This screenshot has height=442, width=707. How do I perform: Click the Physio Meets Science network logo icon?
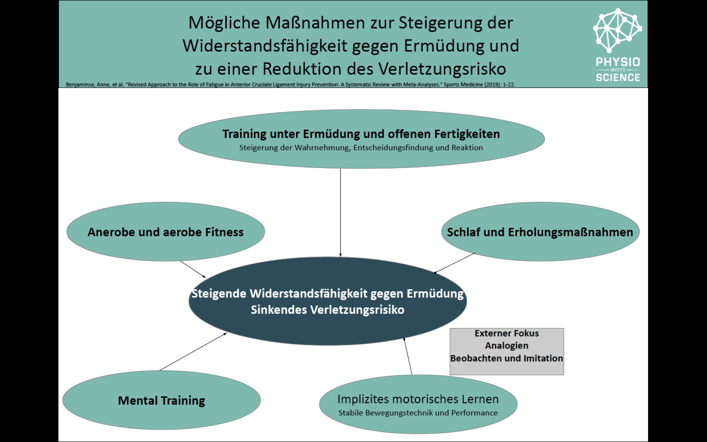(618, 30)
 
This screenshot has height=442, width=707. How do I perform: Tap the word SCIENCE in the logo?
(618, 77)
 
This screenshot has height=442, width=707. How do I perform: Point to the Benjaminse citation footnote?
(290, 85)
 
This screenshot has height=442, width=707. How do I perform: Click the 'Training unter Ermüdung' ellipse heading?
(361, 134)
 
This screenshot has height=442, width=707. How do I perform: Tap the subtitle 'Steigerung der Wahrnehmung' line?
(361, 148)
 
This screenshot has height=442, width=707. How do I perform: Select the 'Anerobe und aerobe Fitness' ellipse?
(165, 232)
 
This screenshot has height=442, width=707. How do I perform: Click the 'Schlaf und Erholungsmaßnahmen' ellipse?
(540, 232)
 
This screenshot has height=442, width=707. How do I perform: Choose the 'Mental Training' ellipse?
(161, 400)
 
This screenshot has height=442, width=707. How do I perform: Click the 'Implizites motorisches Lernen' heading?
(418, 399)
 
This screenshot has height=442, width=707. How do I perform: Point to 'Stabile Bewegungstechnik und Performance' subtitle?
(418, 413)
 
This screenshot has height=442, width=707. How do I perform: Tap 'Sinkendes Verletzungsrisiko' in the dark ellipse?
(327, 310)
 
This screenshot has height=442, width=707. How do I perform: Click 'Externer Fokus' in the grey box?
(507, 333)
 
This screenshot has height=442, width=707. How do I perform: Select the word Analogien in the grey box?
(507, 345)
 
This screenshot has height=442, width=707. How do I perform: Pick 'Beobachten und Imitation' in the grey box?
(507, 358)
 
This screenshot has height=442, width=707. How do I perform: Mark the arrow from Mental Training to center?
(193, 352)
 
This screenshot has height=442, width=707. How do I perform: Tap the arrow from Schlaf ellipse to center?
(454, 263)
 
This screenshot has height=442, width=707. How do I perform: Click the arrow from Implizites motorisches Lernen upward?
(408, 356)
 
